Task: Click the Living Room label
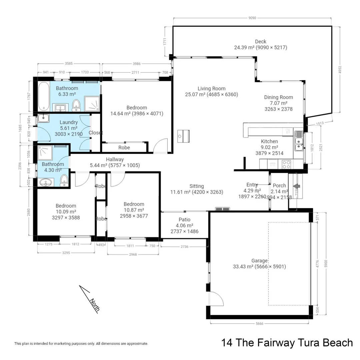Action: (x=211, y=89)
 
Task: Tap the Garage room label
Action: (x=259, y=261)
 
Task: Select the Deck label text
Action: (x=261, y=42)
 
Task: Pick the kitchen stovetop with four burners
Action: (x=286, y=164)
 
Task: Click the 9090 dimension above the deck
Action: (x=252, y=18)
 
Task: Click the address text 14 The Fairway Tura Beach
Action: (x=287, y=343)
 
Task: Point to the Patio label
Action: (x=184, y=220)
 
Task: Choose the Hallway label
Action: (x=115, y=160)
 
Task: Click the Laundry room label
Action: (x=69, y=123)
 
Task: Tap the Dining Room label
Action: (x=278, y=97)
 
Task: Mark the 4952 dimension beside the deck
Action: (x=340, y=70)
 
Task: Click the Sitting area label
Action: (x=197, y=186)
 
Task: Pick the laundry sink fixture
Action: (x=43, y=118)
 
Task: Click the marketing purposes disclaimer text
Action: (x=81, y=344)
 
